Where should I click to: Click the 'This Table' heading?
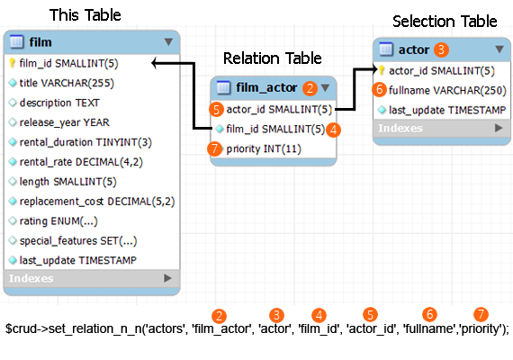pyautogui.click(x=85, y=15)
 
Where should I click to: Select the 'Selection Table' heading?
pyautogui.click(x=445, y=22)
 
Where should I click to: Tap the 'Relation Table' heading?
pyautogui.click(x=272, y=58)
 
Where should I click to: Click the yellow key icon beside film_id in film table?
pyautogui.click(x=12, y=63)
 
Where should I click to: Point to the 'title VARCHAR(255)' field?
pyautogui.click(x=67, y=83)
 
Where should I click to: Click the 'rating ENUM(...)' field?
pyautogui.click(x=58, y=221)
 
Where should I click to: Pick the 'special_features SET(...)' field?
pyautogui.click(x=78, y=241)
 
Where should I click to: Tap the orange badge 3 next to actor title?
pyautogui.click(x=441, y=49)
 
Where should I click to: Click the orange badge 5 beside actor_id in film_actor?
pyautogui.click(x=216, y=109)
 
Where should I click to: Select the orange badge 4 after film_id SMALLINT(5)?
pyautogui.click(x=333, y=130)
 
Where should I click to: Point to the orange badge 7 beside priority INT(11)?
pyautogui.click(x=214, y=148)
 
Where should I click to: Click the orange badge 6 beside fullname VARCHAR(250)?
pyautogui.click(x=380, y=89)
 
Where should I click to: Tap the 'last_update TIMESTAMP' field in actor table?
pyautogui.click(x=447, y=111)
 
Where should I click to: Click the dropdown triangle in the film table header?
pyautogui.click(x=168, y=42)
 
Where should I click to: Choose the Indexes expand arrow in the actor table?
pyautogui.click(x=499, y=128)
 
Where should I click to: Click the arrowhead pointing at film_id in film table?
pyautogui.click(x=155, y=63)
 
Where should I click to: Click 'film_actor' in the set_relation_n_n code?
pyautogui.click(x=222, y=328)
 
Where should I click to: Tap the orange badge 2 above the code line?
pyautogui.click(x=219, y=316)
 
